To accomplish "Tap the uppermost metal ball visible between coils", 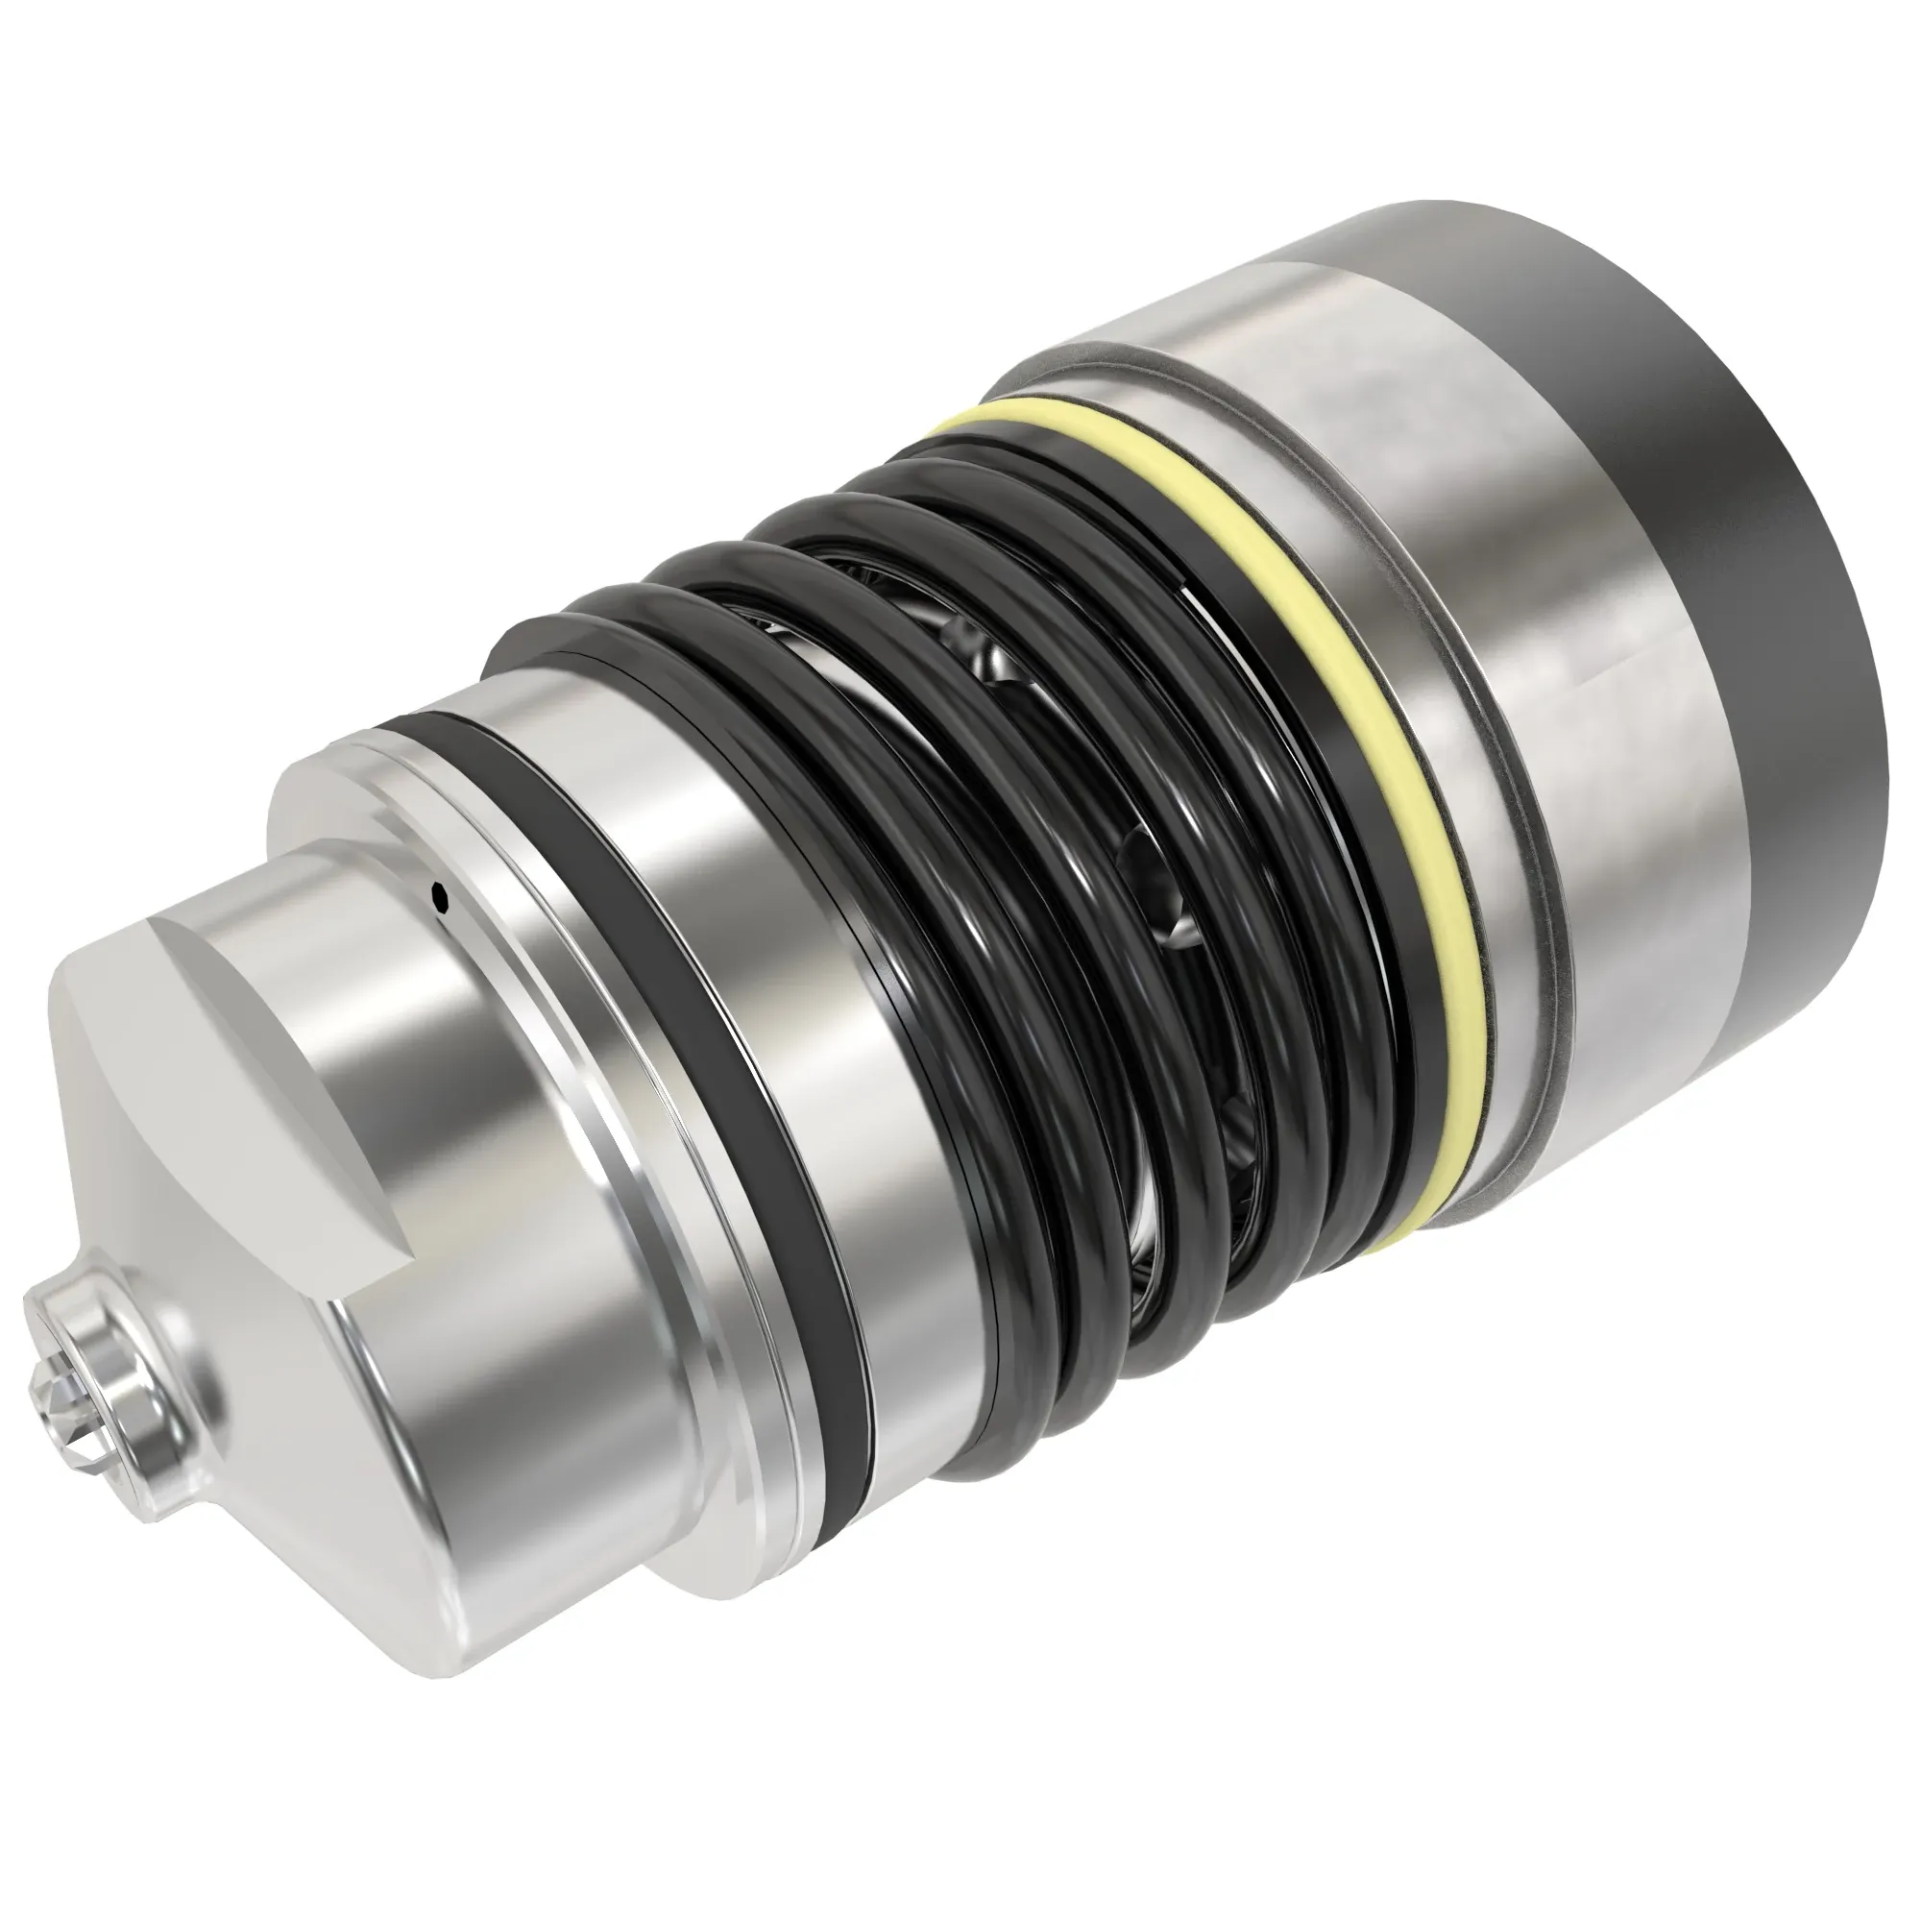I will [969, 637].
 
